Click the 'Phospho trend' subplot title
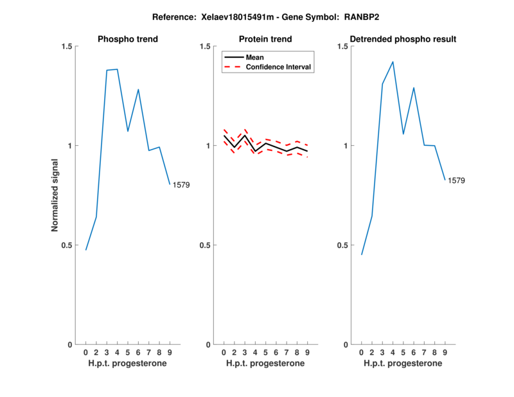coord(128,40)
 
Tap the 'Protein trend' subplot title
coord(265,40)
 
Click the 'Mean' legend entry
coord(255,57)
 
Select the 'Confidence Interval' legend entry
coord(279,67)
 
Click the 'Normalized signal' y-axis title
coord(55,195)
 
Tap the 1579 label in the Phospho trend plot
coord(181,185)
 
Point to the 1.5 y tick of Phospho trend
coord(67,46)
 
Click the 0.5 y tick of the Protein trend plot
coord(205,245)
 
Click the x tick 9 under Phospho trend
coord(170,353)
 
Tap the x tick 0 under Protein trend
coord(224,353)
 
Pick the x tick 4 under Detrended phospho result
coord(393,353)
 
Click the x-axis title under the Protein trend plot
coord(265,364)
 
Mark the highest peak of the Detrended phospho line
coord(393,62)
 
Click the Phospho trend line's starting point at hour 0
coord(85,250)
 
